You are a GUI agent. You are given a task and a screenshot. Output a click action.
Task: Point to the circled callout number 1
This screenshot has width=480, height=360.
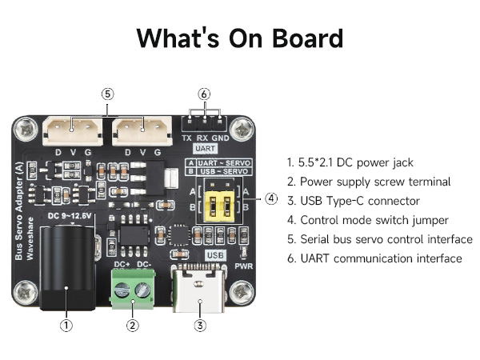click(67, 325)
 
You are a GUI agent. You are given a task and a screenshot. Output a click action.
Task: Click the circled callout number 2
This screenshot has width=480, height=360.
click(133, 325)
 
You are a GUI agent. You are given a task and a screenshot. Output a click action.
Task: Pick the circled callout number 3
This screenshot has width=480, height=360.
click(200, 325)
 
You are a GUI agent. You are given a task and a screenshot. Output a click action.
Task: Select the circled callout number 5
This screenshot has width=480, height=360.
click(108, 94)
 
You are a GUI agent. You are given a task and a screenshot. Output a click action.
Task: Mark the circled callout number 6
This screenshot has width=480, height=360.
click(205, 94)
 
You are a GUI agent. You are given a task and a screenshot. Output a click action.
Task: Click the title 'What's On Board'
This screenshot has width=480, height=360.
click(240, 38)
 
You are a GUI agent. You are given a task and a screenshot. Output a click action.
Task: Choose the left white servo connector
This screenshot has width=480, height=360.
click(73, 126)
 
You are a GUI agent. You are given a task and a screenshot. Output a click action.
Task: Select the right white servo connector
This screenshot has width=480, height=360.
click(142, 126)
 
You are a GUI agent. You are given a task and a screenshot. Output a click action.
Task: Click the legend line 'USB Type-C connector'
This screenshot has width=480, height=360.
click(353, 201)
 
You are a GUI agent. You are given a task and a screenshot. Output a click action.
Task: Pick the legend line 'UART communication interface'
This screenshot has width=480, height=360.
click(374, 258)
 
